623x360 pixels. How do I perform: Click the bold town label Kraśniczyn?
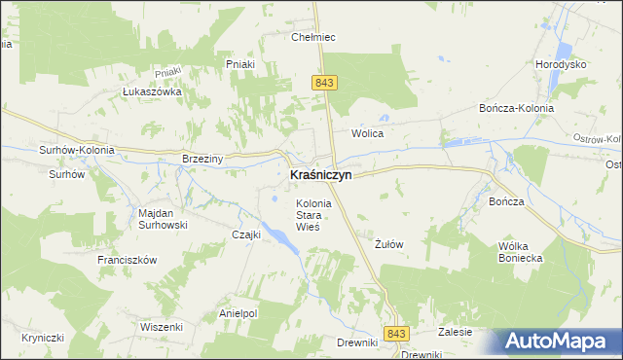[320, 175]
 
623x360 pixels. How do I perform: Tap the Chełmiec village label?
[313, 37]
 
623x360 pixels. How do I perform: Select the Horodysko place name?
[560, 64]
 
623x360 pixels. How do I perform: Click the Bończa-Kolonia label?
[516, 108]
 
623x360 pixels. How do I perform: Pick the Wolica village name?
[368, 133]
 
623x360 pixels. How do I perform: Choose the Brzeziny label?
[203, 159]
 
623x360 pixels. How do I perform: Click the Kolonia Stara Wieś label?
[314, 214]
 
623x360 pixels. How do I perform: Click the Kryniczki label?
[42, 337]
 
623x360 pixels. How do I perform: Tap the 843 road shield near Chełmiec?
[325, 84]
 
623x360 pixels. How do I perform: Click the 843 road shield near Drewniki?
[394, 334]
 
